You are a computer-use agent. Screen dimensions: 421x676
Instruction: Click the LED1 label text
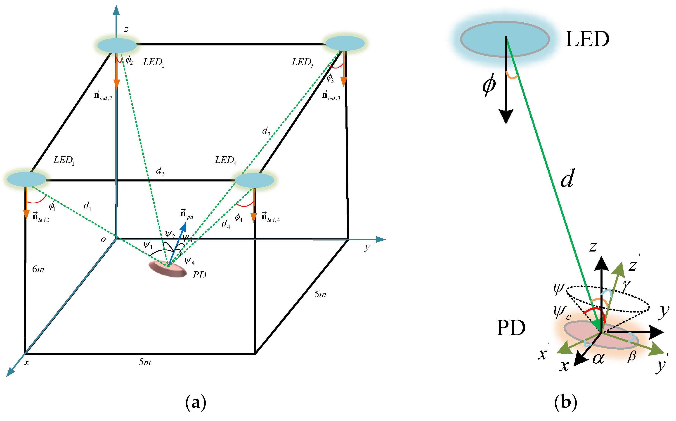point(64,160)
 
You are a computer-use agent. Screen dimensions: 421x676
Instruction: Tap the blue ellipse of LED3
point(345,43)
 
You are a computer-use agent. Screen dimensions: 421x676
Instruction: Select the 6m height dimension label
point(38,269)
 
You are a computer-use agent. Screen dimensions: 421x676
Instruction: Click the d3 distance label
point(266,131)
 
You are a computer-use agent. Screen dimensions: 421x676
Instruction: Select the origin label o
point(103,240)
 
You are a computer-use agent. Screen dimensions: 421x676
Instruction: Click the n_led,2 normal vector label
point(103,96)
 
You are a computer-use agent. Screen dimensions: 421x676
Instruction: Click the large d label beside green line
point(567,178)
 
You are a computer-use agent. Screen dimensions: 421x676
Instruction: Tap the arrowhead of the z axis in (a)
point(116,10)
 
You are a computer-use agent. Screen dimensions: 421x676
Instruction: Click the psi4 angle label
point(189,261)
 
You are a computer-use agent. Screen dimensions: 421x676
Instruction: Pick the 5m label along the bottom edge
point(145,362)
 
